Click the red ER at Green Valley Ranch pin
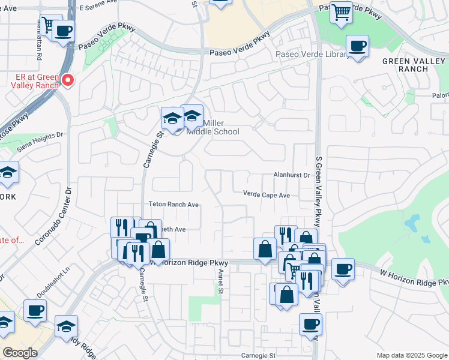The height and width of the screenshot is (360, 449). [x=68, y=80]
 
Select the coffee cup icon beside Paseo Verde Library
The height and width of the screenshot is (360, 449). [x=358, y=46]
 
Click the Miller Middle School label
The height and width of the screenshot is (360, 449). [x=212, y=127]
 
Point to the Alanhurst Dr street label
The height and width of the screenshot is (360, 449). [x=291, y=175]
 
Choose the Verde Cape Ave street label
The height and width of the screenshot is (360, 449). [x=267, y=195]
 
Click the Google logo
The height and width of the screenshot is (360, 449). [x=20, y=353]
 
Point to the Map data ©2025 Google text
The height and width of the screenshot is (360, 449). [x=411, y=355]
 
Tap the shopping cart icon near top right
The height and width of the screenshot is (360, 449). [x=341, y=11]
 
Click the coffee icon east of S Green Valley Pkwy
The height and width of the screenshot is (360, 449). [x=343, y=269]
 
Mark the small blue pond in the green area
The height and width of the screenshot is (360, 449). [x=412, y=224]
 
